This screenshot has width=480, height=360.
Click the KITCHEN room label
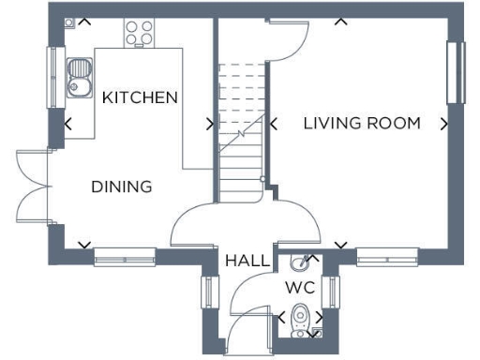(140, 97)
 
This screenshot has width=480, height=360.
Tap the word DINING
(122, 187)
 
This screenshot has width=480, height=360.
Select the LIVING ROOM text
(361, 123)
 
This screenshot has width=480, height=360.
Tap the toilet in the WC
(300, 319)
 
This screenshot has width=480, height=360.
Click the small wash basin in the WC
(300, 262)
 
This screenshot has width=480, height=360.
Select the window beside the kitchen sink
(53, 79)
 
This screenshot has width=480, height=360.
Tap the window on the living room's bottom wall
(386, 251)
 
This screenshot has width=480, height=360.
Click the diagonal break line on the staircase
(240, 136)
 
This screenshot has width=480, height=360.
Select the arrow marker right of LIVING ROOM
(442, 123)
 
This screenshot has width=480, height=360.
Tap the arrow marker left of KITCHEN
(67, 123)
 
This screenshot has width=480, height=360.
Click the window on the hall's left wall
(208, 293)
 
